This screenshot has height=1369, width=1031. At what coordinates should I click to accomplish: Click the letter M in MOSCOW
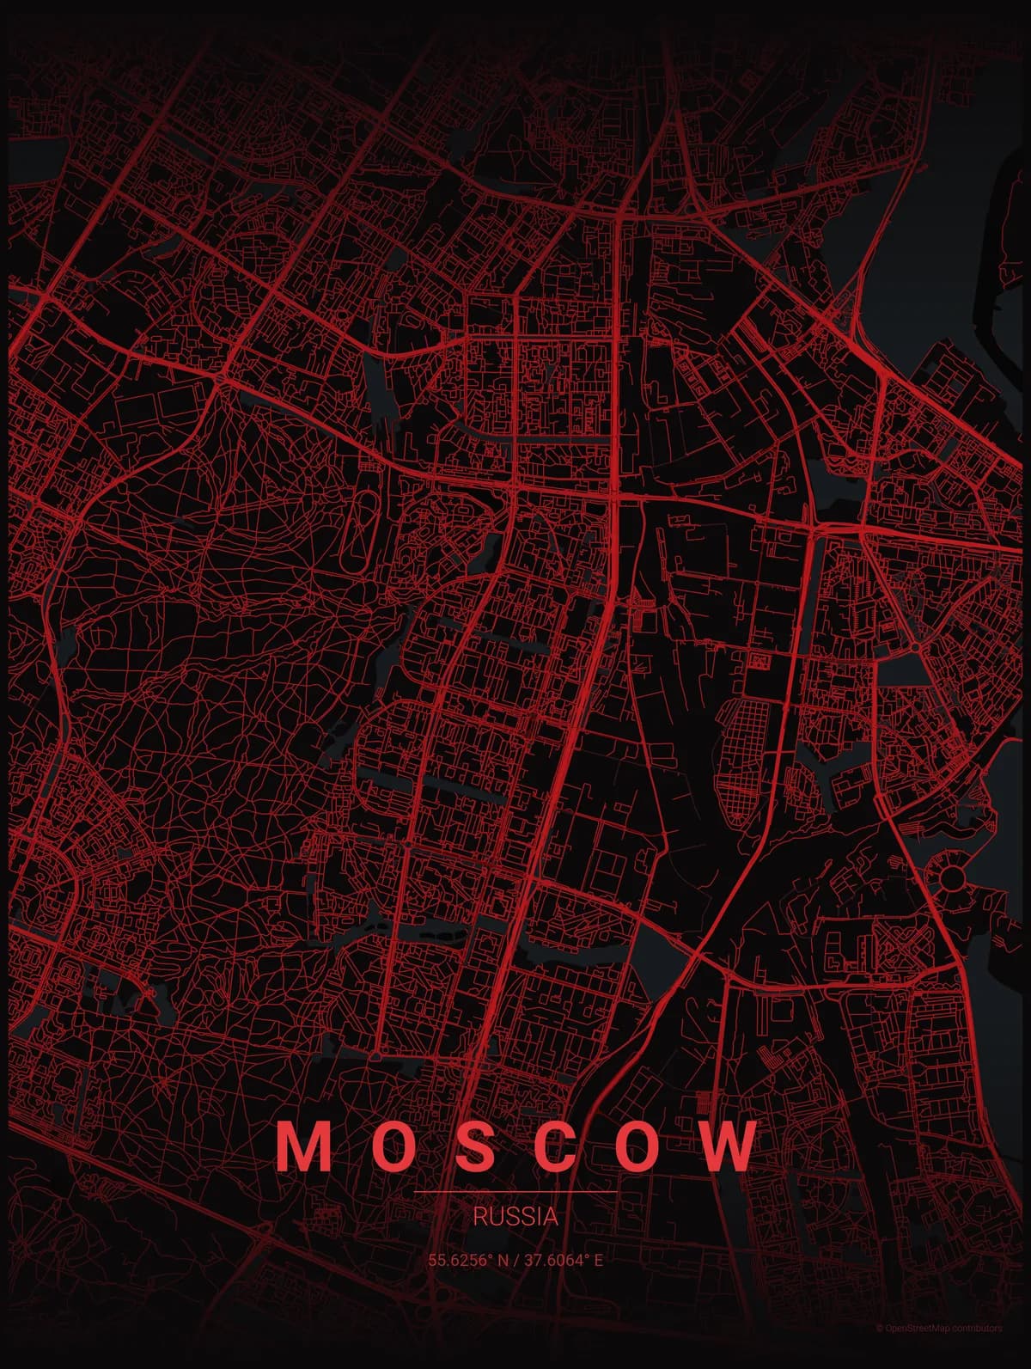(x=303, y=1146)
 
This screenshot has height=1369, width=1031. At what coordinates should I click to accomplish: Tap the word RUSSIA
(x=515, y=1217)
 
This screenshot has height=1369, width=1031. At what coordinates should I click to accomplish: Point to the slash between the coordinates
(x=517, y=1261)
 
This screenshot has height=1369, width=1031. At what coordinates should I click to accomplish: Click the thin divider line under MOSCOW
(x=515, y=1193)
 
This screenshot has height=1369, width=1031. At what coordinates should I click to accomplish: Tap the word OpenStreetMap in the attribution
(x=918, y=1352)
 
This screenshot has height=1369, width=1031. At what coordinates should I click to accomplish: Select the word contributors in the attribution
(x=977, y=1352)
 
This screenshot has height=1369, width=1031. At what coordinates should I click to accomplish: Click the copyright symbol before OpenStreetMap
(x=879, y=1352)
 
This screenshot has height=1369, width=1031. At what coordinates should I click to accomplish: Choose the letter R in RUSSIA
(x=479, y=1217)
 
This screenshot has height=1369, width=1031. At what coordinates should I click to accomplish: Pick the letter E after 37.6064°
(x=598, y=1261)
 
